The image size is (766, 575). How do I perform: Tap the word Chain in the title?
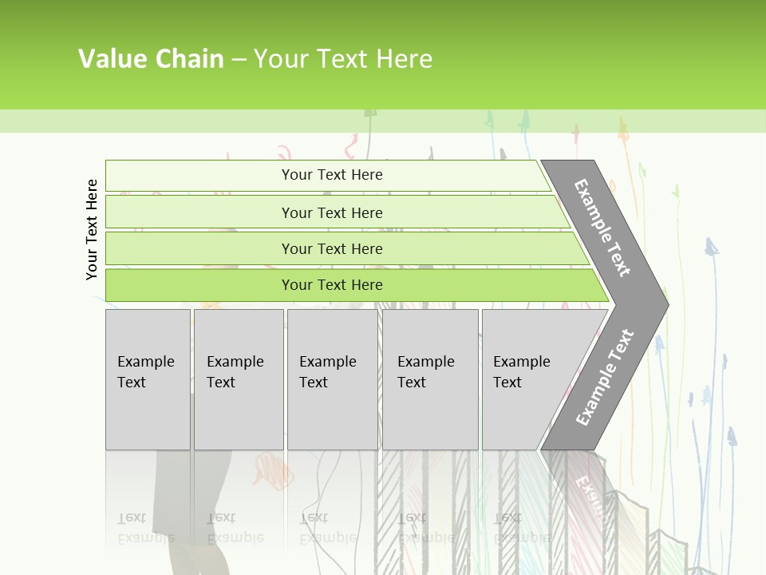point(189,59)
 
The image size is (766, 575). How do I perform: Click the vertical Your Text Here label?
point(92,230)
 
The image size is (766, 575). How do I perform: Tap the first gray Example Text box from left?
point(148,379)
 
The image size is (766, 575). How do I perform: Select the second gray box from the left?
point(239,379)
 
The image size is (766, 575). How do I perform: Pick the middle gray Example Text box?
point(332,379)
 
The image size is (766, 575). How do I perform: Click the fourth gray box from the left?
point(430,379)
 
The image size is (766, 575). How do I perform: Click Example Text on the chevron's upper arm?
point(602,228)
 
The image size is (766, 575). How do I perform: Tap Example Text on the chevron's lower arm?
point(604,378)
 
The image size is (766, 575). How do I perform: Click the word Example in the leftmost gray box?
point(145,362)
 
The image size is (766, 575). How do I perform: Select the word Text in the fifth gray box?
point(507,383)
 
